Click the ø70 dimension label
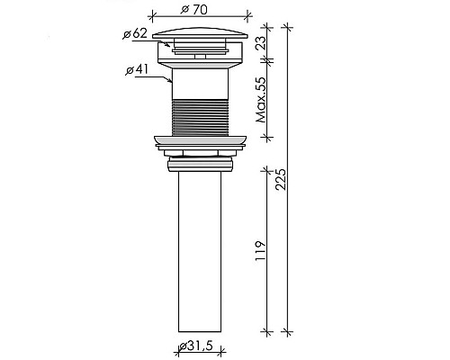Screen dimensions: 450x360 click(193, 10)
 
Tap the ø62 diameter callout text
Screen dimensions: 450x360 click(135, 33)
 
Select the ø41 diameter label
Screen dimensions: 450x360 click(137, 70)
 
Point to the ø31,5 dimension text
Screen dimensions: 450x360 click(196, 346)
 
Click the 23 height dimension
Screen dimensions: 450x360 click(261, 42)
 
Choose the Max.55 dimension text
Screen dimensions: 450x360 click(261, 100)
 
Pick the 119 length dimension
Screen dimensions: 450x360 click(260, 251)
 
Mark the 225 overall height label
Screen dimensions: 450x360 click(281, 179)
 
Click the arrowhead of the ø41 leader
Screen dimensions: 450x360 click(170, 80)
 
